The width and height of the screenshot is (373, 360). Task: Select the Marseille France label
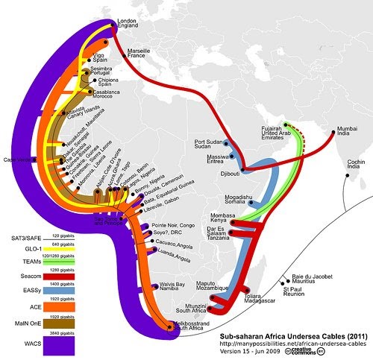(140, 53)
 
